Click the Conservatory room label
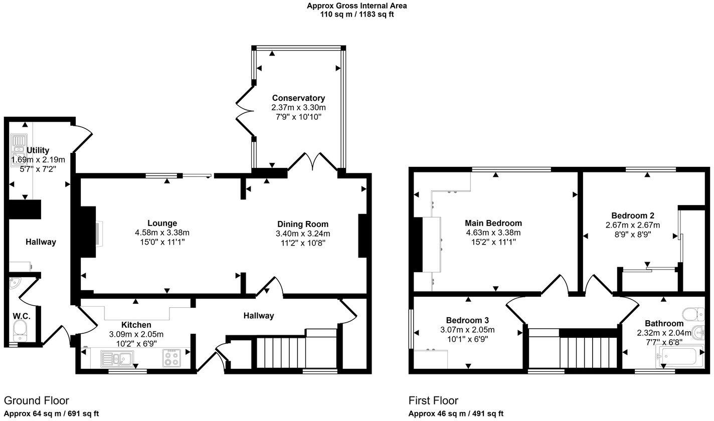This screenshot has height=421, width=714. [298, 98]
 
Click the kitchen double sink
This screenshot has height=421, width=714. [116, 358]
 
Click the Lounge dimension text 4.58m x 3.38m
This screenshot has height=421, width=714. [162, 233]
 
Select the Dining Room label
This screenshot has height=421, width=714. [303, 224]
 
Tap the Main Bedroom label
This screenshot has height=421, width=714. [493, 223]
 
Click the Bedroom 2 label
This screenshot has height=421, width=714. [632, 216]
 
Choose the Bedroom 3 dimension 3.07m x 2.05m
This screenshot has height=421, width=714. [467, 330]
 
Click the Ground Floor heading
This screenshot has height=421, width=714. [36, 400]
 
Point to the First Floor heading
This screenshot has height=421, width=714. [433, 400]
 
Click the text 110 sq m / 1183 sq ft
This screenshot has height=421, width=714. [356, 15]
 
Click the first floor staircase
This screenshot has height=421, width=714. [587, 353]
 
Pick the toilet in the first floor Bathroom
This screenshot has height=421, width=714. [694, 313]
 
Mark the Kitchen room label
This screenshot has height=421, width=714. [136, 325]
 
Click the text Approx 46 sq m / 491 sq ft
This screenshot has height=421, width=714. [456, 413]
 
